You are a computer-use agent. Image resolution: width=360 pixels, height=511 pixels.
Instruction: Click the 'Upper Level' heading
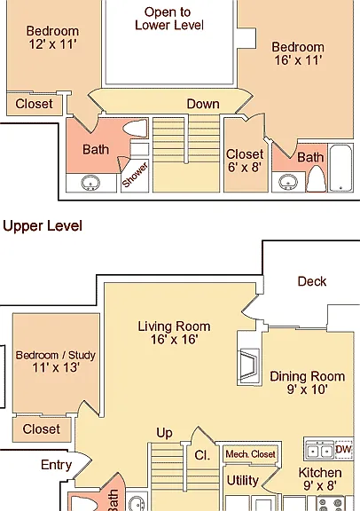43,226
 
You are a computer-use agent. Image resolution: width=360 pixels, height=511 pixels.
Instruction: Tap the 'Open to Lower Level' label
169,19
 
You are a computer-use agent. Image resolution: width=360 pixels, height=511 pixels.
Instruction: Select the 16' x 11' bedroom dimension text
298,60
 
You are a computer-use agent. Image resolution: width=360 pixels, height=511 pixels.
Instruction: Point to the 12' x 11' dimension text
52,44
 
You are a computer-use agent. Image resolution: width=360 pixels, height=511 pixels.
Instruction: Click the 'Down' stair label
203,105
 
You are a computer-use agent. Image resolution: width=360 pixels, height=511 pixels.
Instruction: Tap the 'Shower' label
135,176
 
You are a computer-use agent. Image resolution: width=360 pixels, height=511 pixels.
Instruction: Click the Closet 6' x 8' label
245,161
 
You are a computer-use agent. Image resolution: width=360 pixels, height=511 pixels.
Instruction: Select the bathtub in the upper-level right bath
340,168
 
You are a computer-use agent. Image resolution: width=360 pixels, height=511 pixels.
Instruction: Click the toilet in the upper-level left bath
135,128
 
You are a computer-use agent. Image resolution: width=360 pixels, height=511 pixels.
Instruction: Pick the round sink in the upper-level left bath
90,183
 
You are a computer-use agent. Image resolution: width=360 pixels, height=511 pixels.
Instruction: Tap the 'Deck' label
312,281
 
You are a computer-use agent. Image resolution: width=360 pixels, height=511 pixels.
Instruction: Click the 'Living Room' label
174,326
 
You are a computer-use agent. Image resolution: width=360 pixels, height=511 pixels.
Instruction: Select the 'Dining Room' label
307,376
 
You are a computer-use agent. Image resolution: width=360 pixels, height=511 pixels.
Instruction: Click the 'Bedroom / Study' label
56,355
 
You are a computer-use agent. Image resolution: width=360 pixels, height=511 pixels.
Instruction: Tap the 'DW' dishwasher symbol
343,450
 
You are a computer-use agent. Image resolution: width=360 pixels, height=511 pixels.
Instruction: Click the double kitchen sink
319,451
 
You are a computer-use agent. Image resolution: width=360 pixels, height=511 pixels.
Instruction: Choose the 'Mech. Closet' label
251,454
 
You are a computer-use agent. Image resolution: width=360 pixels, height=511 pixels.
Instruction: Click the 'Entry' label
56,465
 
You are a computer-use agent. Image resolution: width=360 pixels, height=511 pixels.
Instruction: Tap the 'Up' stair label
164,433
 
